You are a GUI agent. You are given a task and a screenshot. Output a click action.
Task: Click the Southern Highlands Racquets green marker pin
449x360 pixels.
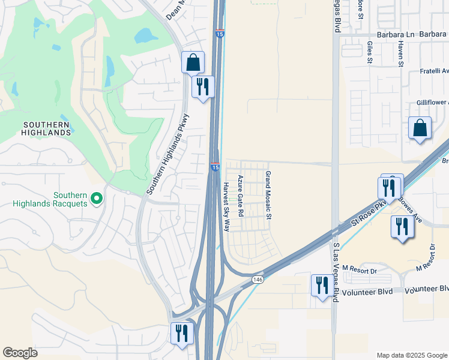tap(95, 197)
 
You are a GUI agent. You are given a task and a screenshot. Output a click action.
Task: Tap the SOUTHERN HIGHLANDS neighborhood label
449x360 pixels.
tap(47, 128)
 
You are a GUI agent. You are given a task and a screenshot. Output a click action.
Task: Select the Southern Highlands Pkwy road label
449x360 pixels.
tap(168, 154)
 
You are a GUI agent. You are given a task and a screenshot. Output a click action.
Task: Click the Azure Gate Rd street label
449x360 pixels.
tap(240, 196)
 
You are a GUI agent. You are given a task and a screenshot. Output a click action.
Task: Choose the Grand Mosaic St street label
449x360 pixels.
tap(268, 194)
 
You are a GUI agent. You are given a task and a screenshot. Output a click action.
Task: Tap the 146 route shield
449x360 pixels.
tap(258, 280)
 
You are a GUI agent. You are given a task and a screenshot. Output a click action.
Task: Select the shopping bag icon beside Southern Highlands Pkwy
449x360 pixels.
tap(193, 62)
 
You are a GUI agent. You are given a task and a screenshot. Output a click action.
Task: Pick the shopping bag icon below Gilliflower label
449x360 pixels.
tap(420, 128)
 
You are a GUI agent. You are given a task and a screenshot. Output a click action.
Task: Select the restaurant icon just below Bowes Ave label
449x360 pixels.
tap(401, 227)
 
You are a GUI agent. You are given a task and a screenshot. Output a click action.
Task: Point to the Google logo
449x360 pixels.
tap(20, 353)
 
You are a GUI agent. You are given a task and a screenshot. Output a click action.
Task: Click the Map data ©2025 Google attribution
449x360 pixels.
tap(411, 355)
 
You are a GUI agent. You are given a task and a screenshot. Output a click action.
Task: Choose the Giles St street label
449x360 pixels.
tap(370, 52)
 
